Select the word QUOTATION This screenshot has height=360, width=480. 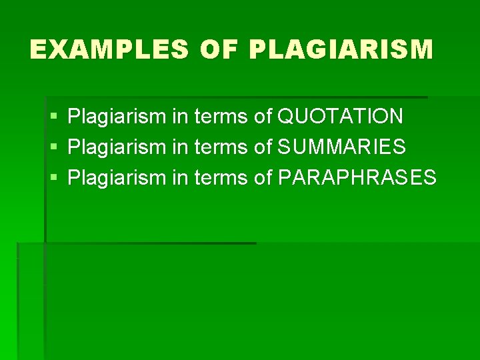click(x=340, y=117)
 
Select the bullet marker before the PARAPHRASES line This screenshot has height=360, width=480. click(x=53, y=178)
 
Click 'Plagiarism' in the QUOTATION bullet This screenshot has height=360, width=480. click(x=117, y=117)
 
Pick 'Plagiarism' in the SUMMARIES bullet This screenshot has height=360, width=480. click(x=117, y=147)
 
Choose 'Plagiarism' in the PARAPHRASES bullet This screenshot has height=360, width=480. click(x=117, y=177)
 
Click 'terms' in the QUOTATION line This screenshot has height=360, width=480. click(x=221, y=117)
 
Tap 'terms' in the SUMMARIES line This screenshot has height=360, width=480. click(x=221, y=147)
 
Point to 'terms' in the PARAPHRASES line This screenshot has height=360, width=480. click(x=221, y=177)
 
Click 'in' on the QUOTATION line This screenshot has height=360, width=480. click(x=180, y=117)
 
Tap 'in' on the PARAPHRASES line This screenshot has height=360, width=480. click(x=180, y=177)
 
